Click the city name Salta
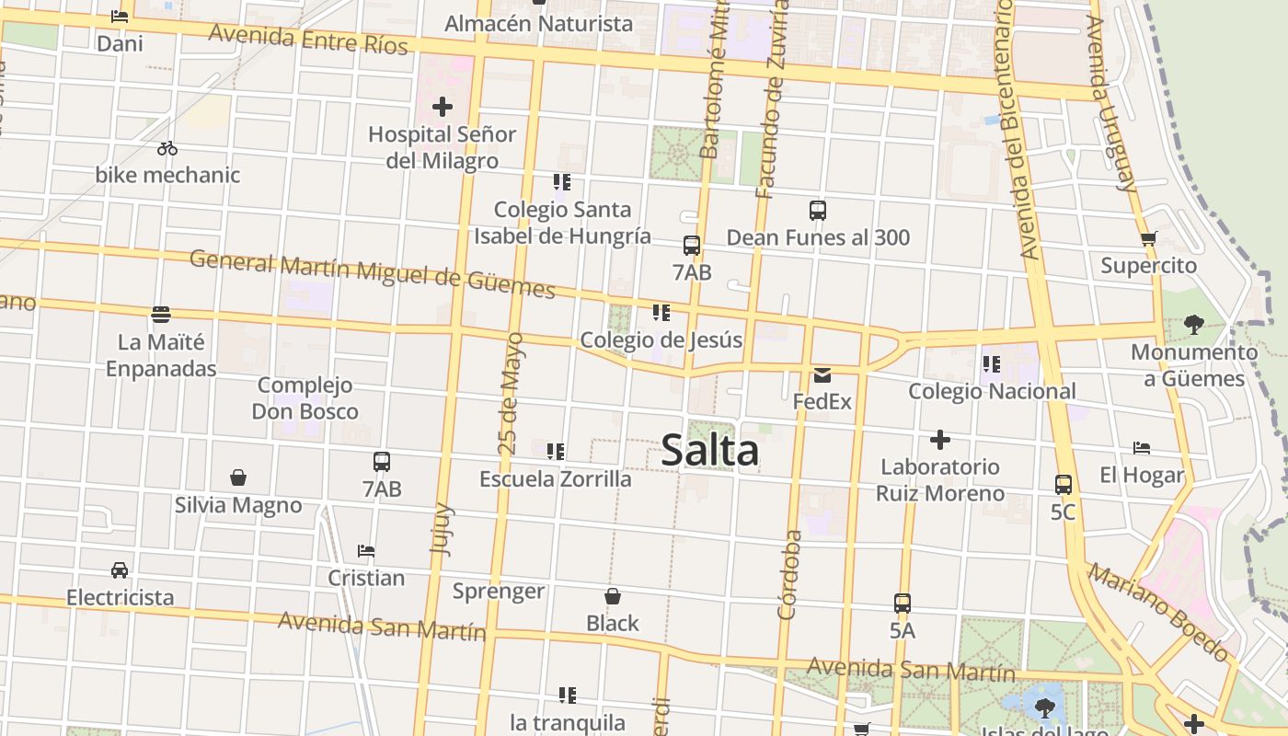[x=710, y=450]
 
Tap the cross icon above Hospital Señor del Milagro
[x=443, y=107]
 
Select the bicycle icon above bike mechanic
[x=167, y=148]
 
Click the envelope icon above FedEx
[x=822, y=374]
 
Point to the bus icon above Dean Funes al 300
[x=818, y=211]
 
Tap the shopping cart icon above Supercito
[x=1148, y=239]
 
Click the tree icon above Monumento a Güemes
[x=1194, y=324]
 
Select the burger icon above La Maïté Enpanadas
[x=161, y=315]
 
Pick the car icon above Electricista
[x=120, y=570]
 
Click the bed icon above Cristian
[x=366, y=551]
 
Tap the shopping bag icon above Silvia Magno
[x=238, y=477]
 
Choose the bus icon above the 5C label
[x=1064, y=484]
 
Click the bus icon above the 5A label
[x=903, y=604]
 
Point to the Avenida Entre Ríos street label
[x=308, y=40]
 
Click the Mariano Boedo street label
[x=1158, y=613]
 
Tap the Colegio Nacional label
[x=992, y=391]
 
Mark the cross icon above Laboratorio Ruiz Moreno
[x=939, y=439]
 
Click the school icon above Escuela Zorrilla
[x=556, y=452]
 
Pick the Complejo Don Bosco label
[x=305, y=398]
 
